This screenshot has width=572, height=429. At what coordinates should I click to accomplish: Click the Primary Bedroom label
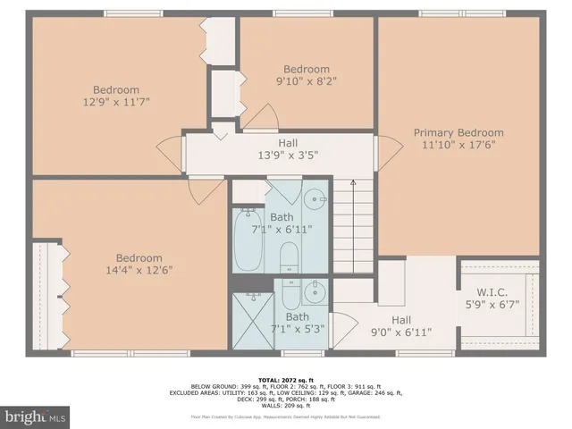pos(458,132)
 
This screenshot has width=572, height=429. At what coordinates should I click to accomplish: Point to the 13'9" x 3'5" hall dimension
pos(288,155)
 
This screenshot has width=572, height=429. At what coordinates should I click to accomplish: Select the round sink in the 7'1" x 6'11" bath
pos(315,199)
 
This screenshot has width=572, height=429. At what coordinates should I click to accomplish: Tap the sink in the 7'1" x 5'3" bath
pos(314,291)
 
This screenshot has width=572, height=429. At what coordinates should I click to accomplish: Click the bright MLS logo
pos(36,416)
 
